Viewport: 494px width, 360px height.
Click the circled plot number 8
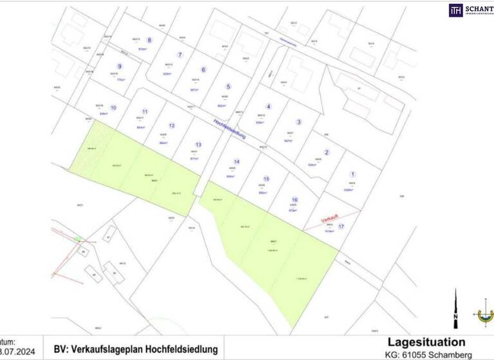(149, 40)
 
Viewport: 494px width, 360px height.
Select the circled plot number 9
(119, 66)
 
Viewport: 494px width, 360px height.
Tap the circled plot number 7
(180, 55)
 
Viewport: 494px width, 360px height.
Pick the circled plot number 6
(203, 70)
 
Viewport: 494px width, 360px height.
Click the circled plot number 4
(268, 107)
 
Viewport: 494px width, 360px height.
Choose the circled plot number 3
(298, 122)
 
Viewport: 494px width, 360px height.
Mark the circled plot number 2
(327, 152)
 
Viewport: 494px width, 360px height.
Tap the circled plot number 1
(352, 174)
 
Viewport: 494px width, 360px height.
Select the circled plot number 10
(113, 108)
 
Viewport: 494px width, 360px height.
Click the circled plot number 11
(145, 112)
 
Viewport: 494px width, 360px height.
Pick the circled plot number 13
(198, 145)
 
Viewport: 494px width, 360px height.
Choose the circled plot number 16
(294, 200)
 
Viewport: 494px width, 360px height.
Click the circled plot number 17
(342, 227)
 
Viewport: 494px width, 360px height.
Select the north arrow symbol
(456, 308)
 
